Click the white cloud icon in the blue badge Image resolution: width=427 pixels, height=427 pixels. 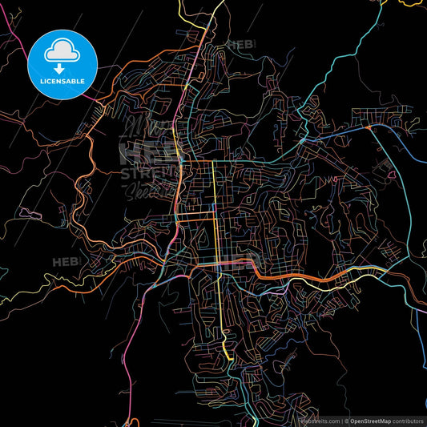[x=62, y=51]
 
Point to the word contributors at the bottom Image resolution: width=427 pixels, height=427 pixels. [x=409, y=421]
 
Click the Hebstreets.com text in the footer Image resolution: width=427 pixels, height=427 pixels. [x=318, y=421]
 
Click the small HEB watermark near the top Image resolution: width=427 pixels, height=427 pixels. [x=240, y=45]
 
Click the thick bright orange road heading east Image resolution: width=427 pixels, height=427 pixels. [x=304, y=277]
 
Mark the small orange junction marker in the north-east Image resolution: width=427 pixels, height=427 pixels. [x=368, y=127]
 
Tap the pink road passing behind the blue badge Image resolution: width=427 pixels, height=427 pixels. [x=16, y=40]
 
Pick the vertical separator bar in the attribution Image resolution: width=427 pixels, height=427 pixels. [x=343, y=421]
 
